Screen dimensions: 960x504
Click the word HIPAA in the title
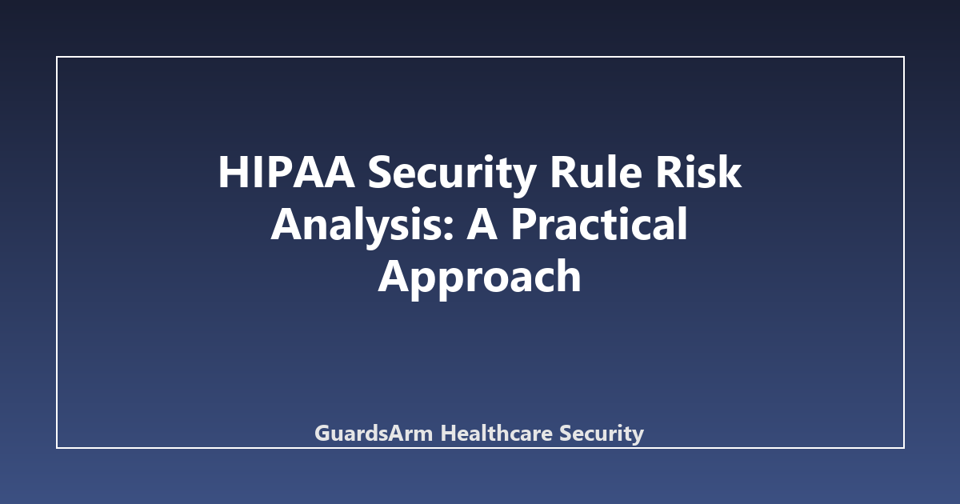point(286,172)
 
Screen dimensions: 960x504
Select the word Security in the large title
point(452,175)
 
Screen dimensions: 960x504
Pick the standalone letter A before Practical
point(482,225)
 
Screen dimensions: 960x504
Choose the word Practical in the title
point(599,223)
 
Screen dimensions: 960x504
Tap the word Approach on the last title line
point(479,278)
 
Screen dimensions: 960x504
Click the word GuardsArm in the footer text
point(374,433)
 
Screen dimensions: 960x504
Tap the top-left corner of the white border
point(57,57)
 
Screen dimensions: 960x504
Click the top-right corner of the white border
point(904,57)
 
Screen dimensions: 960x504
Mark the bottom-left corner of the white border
point(57,448)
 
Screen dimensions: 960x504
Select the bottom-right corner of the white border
point(904,448)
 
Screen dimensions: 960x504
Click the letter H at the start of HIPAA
point(233,172)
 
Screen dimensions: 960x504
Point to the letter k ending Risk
point(729,171)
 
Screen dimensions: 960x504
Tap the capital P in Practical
point(524,225)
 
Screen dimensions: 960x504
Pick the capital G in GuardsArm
point(323,434)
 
